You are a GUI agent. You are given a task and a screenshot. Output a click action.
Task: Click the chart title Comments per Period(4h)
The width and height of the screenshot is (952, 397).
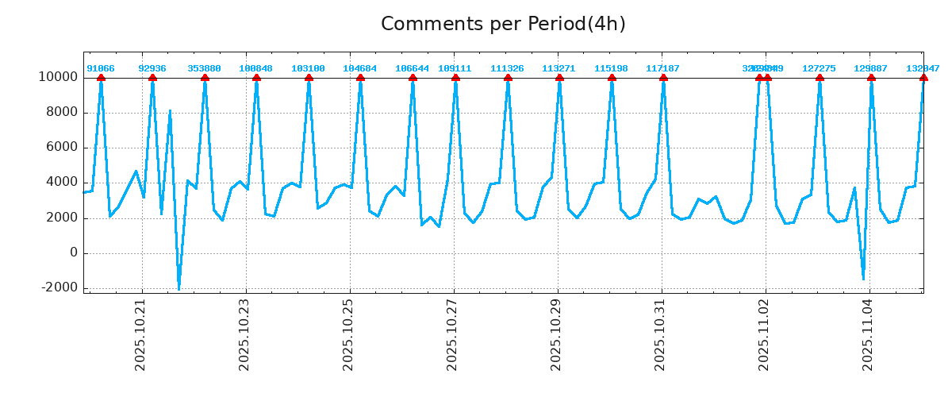[503, 24]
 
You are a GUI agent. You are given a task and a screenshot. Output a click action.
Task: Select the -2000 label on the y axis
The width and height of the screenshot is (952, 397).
[58, 288]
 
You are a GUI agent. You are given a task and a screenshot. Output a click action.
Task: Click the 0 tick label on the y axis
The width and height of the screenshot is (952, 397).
[74, 253]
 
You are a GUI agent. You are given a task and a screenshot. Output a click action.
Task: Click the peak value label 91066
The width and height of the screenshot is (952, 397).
[101, 68]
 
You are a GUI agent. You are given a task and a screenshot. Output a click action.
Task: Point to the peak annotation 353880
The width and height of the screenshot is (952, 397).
[205, 68]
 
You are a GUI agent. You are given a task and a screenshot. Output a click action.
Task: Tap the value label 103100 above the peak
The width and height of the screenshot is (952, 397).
[309, 68]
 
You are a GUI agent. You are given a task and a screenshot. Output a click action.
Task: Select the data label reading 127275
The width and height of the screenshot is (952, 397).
[820, 68]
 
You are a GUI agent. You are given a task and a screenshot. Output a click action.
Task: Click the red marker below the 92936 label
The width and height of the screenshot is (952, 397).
[152, 78]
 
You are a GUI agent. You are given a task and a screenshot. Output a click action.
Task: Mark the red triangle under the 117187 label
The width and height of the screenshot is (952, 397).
[663, 78]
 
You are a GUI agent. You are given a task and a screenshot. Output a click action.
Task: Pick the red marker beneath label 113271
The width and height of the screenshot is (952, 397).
[559, 78]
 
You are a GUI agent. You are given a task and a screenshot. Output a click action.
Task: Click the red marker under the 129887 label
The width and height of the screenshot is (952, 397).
[871, 78]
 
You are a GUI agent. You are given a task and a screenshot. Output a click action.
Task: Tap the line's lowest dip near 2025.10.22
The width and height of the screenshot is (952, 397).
[178, 289]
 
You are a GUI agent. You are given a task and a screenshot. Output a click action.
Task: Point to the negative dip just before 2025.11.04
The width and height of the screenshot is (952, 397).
[863, 279]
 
